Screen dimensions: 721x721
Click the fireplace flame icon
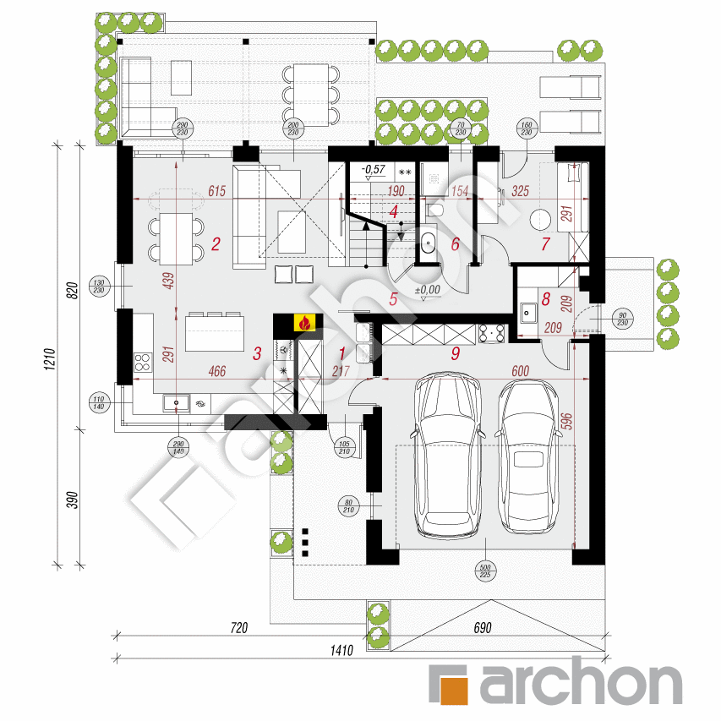303,322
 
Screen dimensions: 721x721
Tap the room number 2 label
216,246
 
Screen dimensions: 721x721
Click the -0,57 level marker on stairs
372,170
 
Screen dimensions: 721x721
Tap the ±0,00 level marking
428,289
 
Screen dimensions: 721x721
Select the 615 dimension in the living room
216,192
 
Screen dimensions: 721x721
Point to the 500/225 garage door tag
485,571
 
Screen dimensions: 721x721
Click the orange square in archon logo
448,683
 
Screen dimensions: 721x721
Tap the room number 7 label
545,245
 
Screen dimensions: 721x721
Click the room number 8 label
546,298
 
